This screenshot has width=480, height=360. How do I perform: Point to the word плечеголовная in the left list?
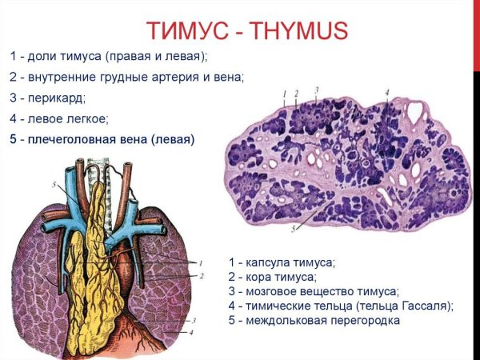pos(68,140)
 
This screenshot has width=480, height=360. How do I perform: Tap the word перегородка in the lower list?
pos(356,320)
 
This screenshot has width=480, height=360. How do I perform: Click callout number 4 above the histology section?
pos(387,93)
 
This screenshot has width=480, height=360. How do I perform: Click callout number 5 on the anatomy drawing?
pos(54,186)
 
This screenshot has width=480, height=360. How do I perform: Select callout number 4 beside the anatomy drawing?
pos(192,331)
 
